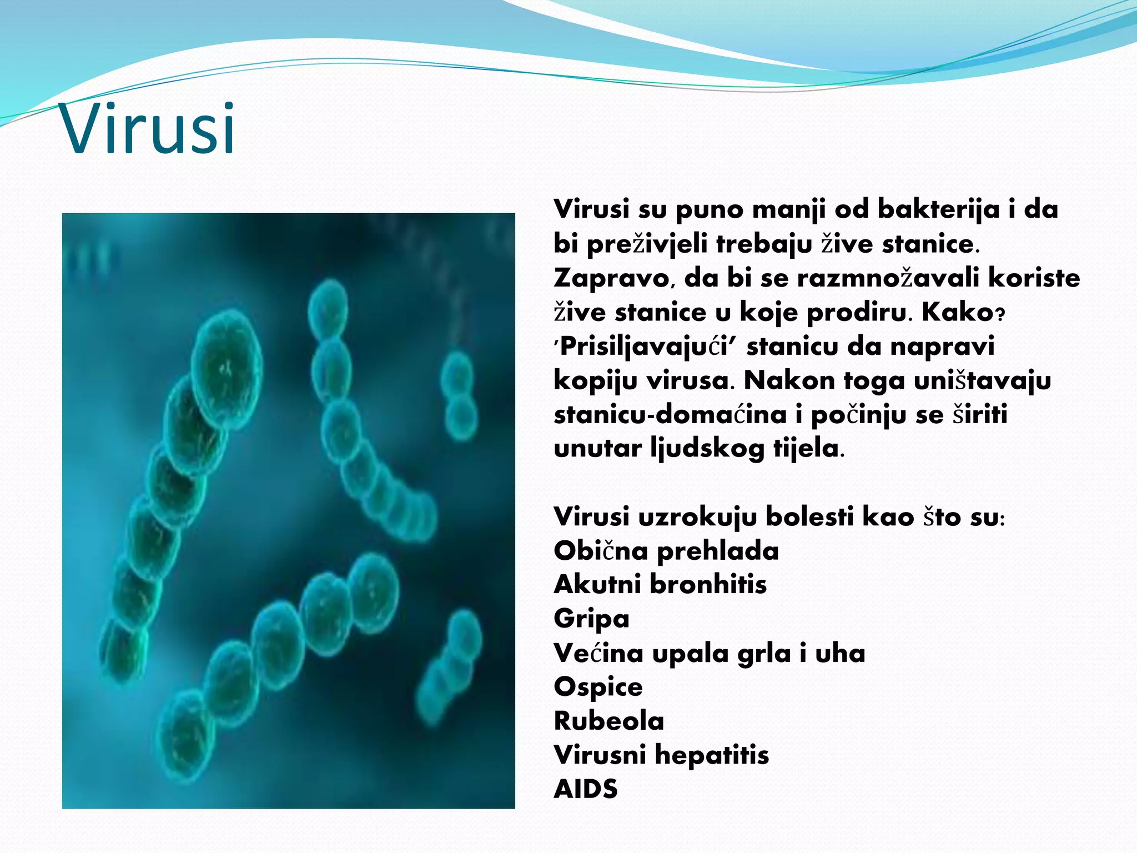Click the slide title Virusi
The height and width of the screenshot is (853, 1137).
(149, 129)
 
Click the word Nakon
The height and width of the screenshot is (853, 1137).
(788, 381)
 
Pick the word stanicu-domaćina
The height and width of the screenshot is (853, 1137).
(670, 415)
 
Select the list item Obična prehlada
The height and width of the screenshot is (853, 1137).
(666, 551)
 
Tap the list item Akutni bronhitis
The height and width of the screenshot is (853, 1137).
(660, 585)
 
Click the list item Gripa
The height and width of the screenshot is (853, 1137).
(591, 619)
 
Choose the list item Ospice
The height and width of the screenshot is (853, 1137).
(598, 688)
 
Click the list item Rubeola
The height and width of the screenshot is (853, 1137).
(609, 721)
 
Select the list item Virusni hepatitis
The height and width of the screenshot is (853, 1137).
(661, 755)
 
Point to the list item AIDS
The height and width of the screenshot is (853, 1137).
(586, 789)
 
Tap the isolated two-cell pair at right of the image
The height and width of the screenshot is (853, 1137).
(459, 396)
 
